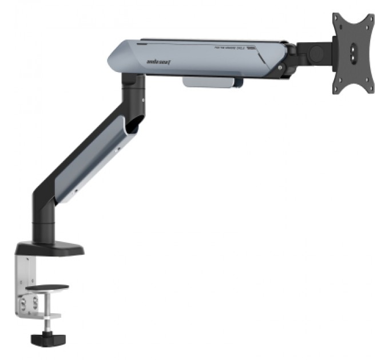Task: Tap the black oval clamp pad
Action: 47,287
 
